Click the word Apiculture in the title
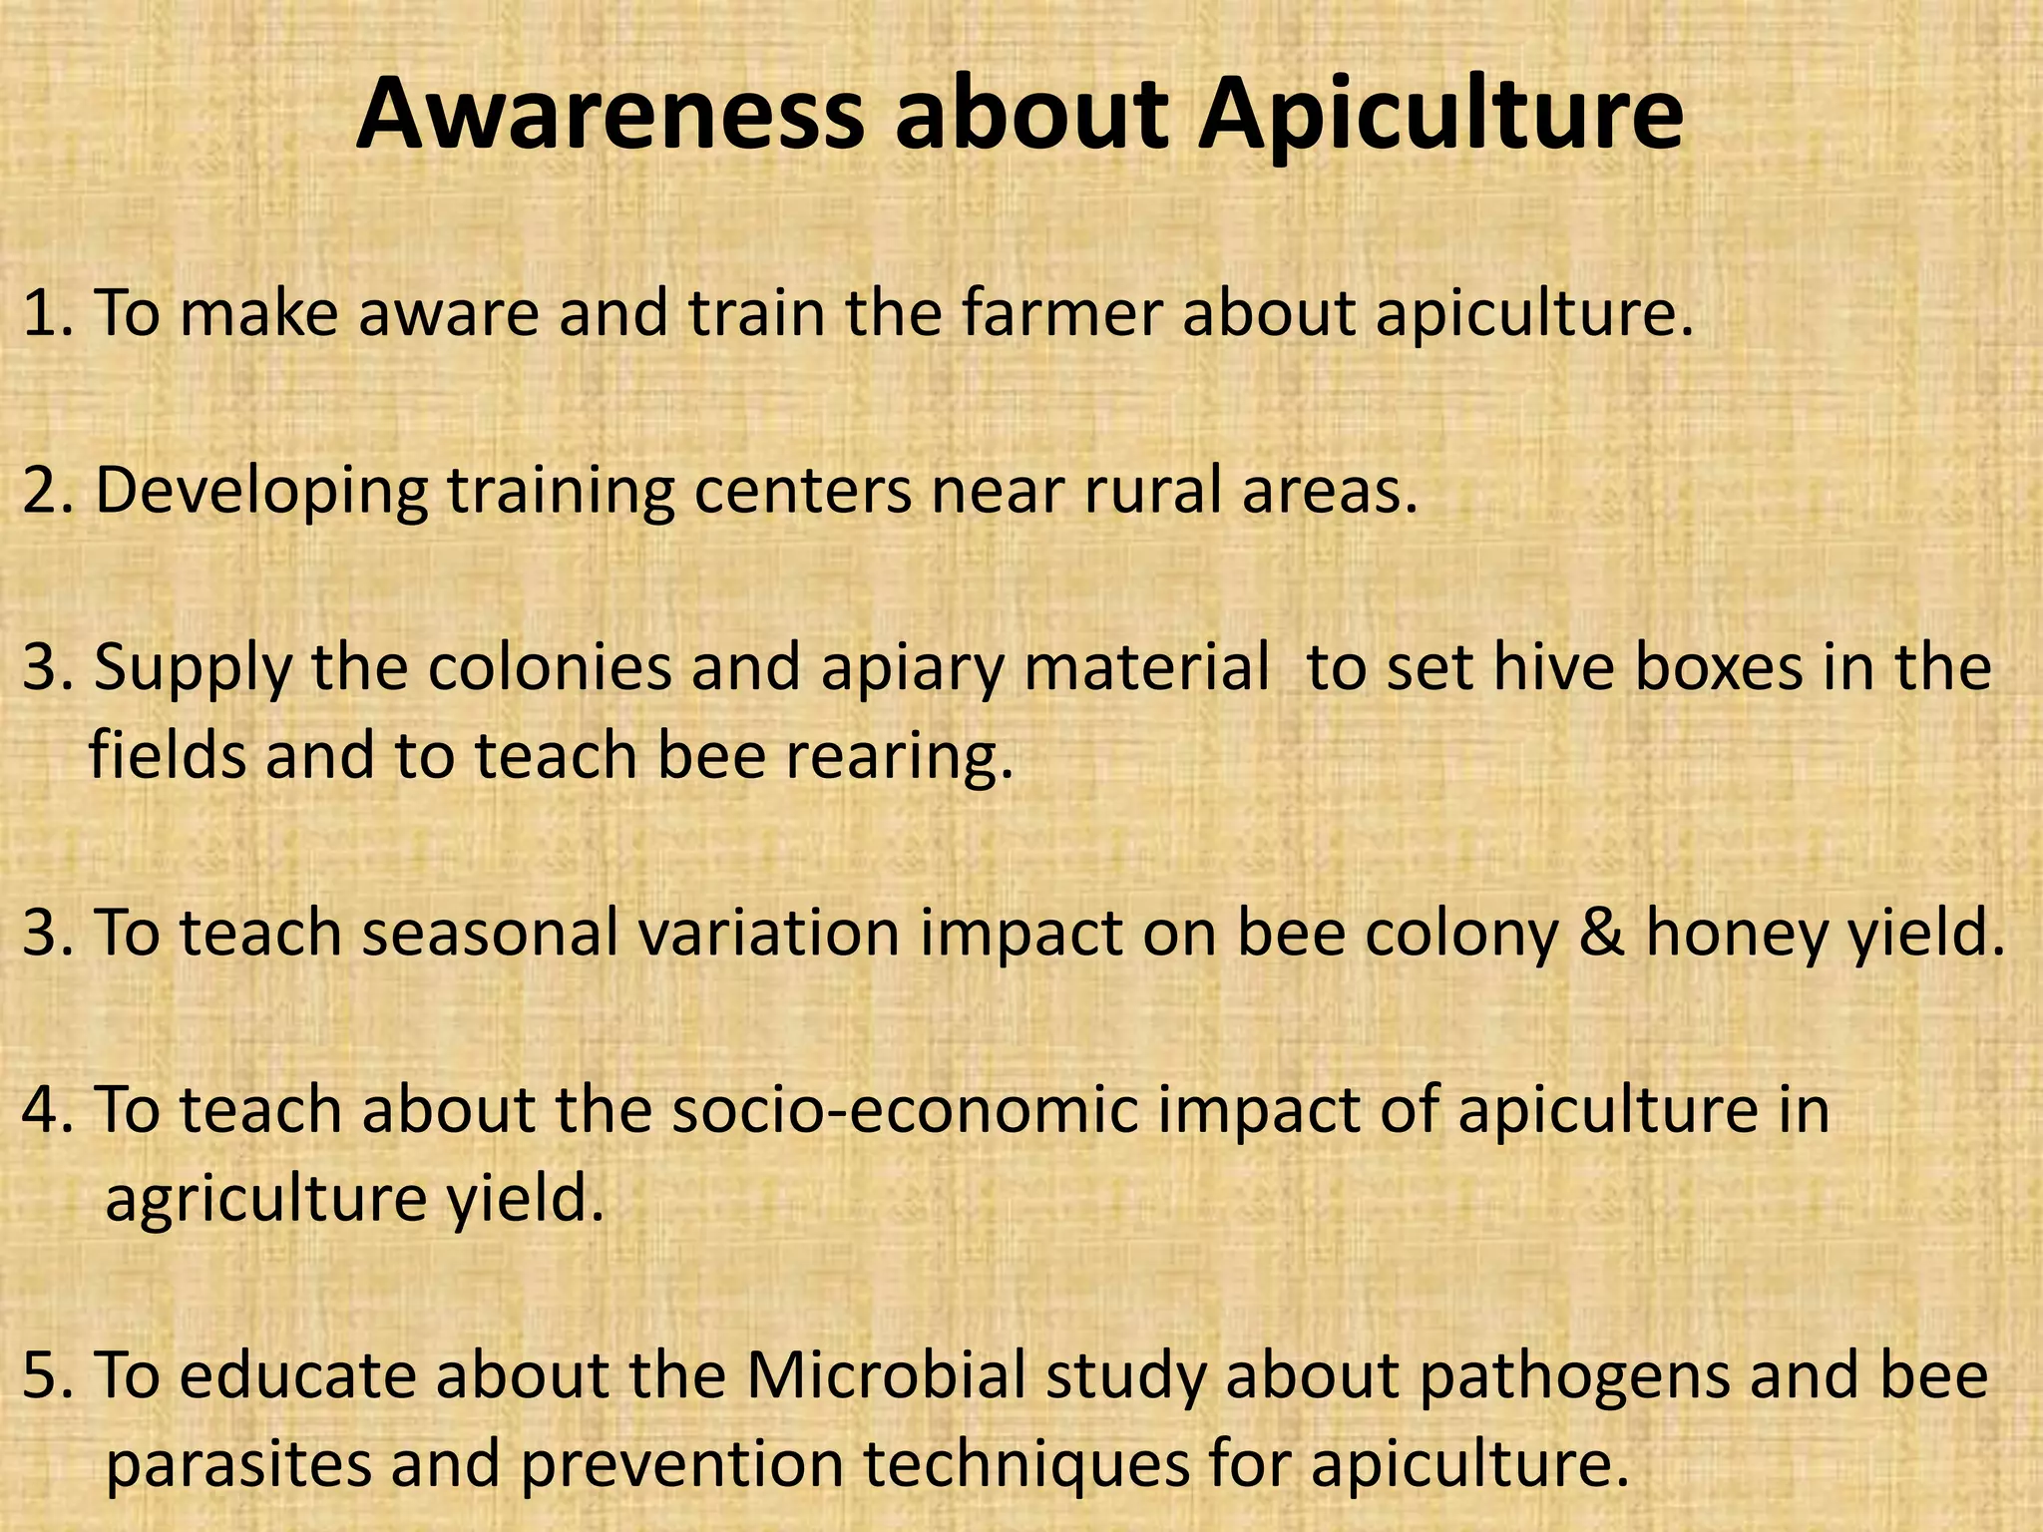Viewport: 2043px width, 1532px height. (x=1440, y=118)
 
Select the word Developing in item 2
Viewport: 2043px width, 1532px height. (x=261, y=493)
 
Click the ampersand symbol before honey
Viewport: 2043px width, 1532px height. (x=1601, y=934)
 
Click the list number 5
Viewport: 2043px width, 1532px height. (x=43, y=1376)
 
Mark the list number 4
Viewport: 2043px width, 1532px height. (x=43, y=1111)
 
